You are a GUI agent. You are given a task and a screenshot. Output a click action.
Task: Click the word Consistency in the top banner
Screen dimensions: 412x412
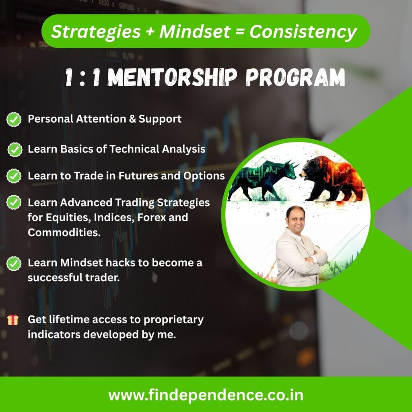coord(303,32)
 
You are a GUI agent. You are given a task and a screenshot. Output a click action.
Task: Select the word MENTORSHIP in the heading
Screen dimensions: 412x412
coord(172,77)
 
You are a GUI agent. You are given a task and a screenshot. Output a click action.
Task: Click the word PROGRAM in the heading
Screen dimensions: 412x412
coord(295,77)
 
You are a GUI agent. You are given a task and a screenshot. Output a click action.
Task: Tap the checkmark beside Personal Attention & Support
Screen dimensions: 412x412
coord(14,119)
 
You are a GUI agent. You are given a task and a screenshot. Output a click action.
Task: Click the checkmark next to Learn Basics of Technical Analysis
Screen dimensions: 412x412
coord(15,150)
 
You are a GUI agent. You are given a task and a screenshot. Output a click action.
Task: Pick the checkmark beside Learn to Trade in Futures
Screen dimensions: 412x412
coord(14,176)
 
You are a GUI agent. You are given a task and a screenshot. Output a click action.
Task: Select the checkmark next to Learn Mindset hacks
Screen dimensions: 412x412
coord(14,264)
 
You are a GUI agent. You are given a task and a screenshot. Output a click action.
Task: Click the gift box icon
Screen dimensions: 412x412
coord(13,320)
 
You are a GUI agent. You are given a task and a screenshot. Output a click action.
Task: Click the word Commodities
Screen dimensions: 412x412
coord(64,233)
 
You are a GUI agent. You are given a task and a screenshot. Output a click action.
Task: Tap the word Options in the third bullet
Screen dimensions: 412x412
coord(204,176)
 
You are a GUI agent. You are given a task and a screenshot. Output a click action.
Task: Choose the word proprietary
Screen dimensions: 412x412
coord(173,320)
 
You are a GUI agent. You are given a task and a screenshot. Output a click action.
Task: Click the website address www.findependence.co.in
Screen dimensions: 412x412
coord(206,395)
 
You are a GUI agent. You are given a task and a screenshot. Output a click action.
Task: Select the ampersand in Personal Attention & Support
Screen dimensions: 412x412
coord(132,119)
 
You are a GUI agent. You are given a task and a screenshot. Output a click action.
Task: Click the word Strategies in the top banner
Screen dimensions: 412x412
coord(96,32)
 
